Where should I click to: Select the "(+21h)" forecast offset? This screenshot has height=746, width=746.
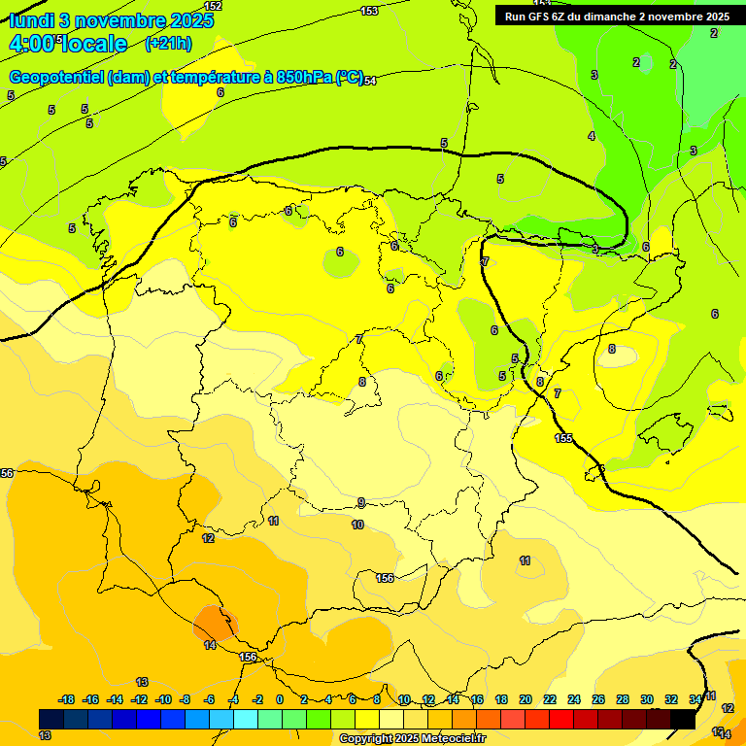coord(168,44)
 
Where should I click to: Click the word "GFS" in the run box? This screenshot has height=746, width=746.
coord(541,17)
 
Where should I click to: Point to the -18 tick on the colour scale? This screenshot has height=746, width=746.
coord(67,699)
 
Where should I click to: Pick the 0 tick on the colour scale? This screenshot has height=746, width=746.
coord(280,699)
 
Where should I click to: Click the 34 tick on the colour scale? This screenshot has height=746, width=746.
coord(695,699)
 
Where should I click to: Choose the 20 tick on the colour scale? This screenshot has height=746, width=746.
coord(526,699)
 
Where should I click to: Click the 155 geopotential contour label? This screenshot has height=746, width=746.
coord(563,439)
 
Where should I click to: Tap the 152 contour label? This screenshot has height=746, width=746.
coord(213,6)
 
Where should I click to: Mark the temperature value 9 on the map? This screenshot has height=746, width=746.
coord(361,502)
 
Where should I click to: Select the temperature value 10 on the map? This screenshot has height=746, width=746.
coord(357,525)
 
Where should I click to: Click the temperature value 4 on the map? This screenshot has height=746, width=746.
coord(591,136)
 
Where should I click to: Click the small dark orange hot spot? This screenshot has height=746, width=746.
coord(215,622)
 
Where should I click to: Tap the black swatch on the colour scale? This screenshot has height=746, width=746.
coord(683,719)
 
